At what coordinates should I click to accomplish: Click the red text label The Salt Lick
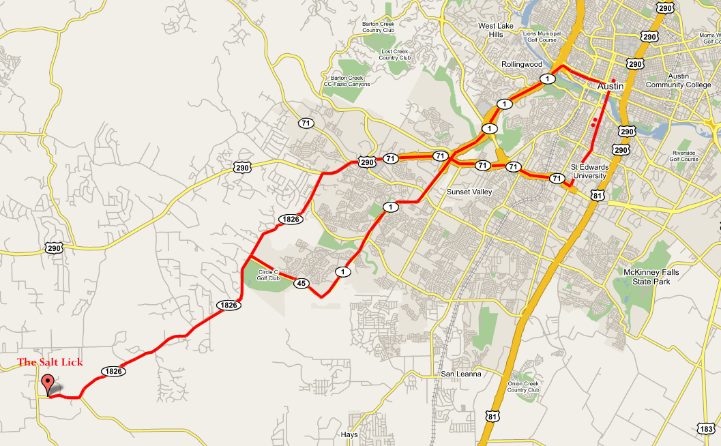pyautogui.click(x=50, y=362)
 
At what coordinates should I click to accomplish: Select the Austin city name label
pyautogui.click(x=610, y=87)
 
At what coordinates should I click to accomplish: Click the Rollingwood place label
pyautogui.click(x=522, y=64)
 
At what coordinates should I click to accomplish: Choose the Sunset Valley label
pyautogui.click(x=469, y=192)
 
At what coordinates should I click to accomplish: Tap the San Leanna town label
pyautogui.click(x=460, y=374)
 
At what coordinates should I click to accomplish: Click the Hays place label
pyautogui.click(x=349, y=434)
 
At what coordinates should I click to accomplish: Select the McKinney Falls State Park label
pyautogui.click(x=651, y=276)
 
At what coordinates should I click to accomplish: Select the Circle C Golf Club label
pyautogui.click(x=269, y=275)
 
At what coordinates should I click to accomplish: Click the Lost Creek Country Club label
pyautogui.click(x=395, y=55)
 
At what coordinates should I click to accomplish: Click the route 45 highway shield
pyautogui.click(x=301, y=283)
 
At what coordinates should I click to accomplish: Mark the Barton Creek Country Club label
pyautogui.click(x=379, y=27)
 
